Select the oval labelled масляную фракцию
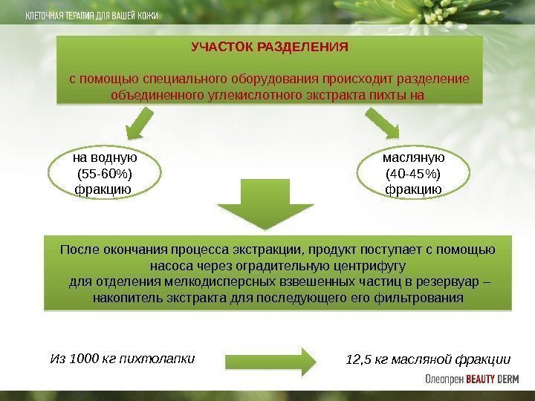click(413, 174)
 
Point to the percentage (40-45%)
click(413, 174)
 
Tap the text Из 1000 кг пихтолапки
click(122, 359)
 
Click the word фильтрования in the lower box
click(425, 299)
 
